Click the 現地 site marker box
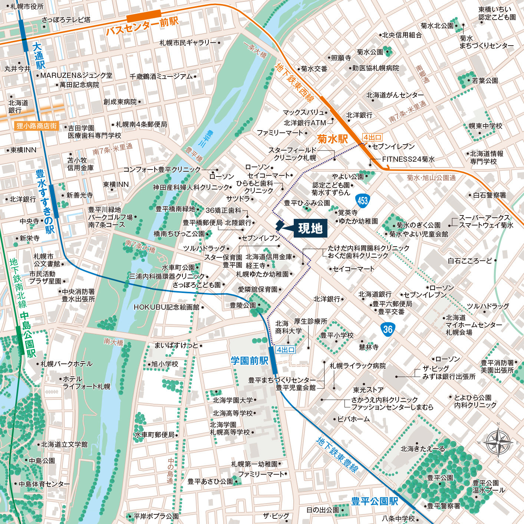[x=310, y=228]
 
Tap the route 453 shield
[x=362, y=201]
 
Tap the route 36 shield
[x=388, y=329]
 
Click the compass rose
[x=498, y=442]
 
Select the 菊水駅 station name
[x=332, y=139]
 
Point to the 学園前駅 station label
[x=249, y=360]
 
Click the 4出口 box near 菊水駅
[x=372, y=138]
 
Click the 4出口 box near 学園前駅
[x=286, y=350]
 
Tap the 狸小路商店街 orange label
[x=36, y=126]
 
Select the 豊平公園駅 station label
[x=375, y=501]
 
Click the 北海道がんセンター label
[x=395, y=95]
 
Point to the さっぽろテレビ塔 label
[x=66, y=20]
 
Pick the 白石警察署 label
[x=490, y=195]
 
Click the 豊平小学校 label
[x=337, y=335]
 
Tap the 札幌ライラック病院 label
[x=357, y=366]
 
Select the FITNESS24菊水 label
[x=408, y=159]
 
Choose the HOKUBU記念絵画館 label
[x=167, y=307]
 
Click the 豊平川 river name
[x=210, y=138]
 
